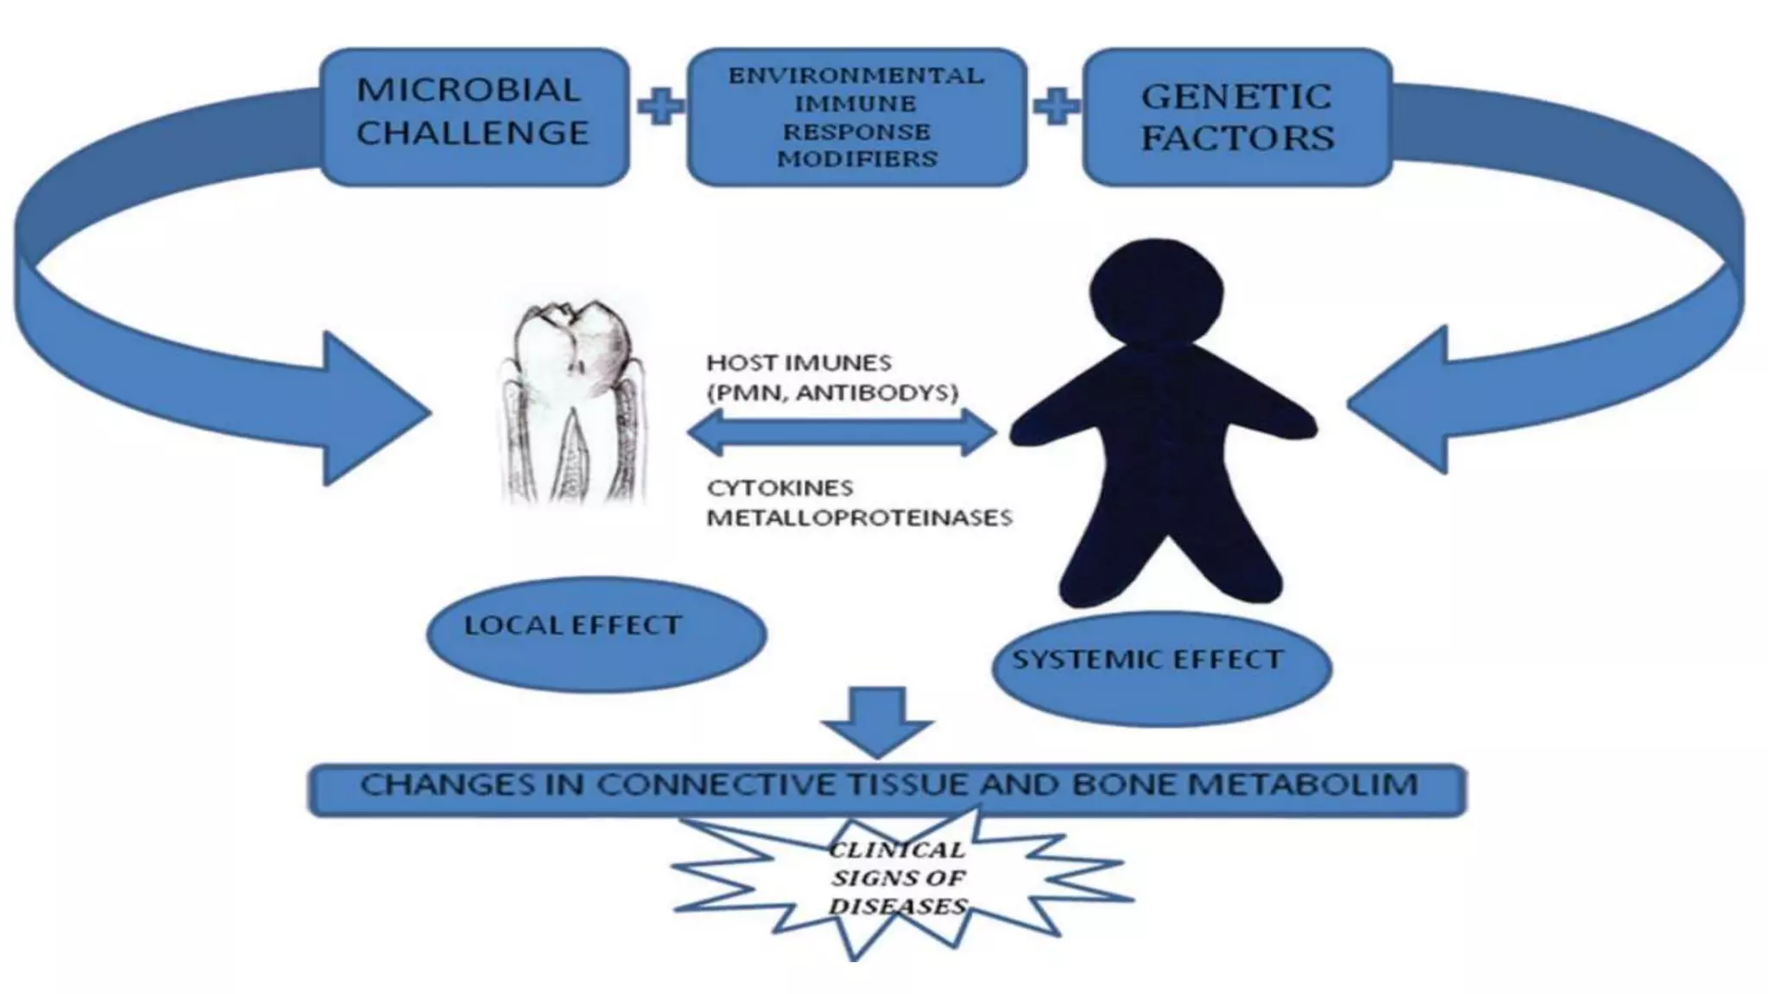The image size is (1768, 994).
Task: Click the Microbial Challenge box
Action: coord(474,116)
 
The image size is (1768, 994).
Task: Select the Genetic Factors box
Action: coord(1236,116)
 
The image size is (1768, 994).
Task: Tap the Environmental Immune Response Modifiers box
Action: coord(856,116)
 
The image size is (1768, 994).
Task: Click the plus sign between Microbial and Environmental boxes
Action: coord(660,107)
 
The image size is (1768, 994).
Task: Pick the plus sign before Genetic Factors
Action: coord(1056,107)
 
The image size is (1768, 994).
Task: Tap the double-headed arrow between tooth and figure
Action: coord(842,432)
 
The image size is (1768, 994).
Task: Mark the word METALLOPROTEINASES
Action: coord(859,518)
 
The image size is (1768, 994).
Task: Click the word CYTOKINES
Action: coord(780,488)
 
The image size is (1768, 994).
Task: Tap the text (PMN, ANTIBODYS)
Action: coord(832,393)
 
